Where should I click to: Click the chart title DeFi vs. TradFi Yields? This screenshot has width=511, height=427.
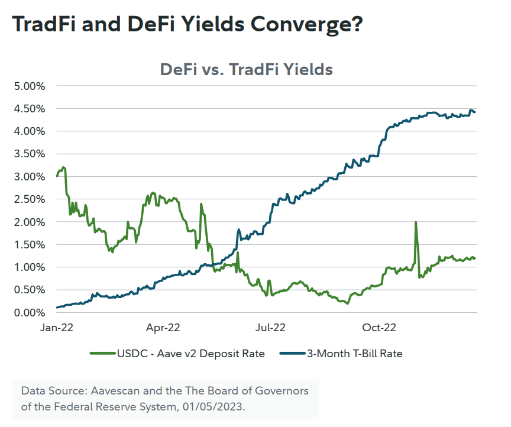pos(247,70)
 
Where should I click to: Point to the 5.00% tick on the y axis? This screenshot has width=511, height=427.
pos(29,86)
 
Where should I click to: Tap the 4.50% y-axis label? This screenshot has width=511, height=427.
pos(29,109)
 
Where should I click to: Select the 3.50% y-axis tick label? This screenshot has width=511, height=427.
pos(29,154)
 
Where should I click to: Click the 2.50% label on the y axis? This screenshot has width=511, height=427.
pos(29,199)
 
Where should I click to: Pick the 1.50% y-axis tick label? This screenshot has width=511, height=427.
pos(29,245)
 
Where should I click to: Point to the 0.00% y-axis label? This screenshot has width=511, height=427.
pos(29,313)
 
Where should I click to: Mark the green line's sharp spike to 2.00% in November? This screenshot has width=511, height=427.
pos(416,222)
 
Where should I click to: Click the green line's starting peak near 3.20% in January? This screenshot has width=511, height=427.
pos(63,167)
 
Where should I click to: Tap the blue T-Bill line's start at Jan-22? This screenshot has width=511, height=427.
pos(57,308)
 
